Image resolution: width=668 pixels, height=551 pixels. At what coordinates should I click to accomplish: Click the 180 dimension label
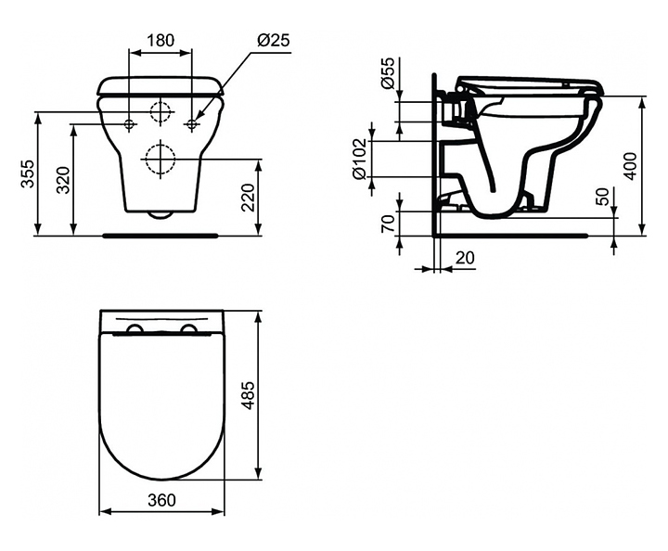point(161,41)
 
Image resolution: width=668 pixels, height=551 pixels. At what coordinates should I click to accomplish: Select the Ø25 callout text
point(274,41)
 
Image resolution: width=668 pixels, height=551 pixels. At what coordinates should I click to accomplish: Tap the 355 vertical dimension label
point(28,173)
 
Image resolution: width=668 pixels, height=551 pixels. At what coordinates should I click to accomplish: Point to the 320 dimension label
point(63,180)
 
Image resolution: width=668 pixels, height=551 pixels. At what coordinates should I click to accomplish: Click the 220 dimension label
point(248,198)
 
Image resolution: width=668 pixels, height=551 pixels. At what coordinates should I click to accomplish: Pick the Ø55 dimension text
point(389,72)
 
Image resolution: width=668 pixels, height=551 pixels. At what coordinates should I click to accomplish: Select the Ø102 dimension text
point(359,159)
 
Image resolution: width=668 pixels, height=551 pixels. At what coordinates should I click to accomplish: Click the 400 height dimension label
point(632,166)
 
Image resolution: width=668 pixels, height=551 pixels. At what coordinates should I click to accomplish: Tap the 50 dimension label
point(604,197)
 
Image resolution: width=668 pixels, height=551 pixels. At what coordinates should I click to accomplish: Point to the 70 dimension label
point(388,224)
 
